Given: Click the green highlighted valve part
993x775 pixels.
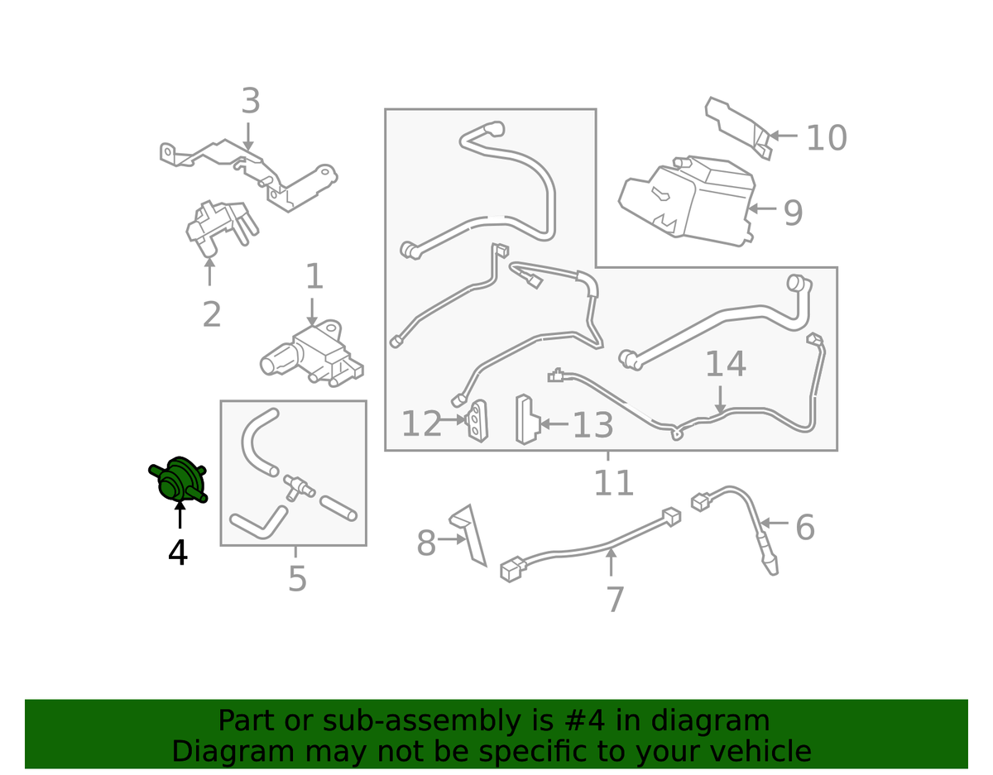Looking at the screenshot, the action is [x=179, y=480].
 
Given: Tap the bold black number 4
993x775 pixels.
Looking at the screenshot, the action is [x=178, y=553].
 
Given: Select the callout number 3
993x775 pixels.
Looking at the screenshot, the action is [x=251, y=101].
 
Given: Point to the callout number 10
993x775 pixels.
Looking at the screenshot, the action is [x=827, y=137].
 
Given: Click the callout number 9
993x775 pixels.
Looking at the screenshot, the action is [x=793, y=213].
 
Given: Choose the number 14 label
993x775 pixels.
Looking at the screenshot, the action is [x=726, y=364].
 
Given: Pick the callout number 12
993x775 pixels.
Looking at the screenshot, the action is [x=421, y=423].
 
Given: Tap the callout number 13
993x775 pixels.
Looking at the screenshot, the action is [x=592, y=425].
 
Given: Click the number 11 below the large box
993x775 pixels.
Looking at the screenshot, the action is [x=614, y=482].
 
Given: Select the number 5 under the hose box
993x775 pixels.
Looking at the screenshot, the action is [x=298, y=578].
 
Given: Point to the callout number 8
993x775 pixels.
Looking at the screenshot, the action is [x=426, y=543].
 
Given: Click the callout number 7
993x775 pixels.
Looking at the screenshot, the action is [x=615, y=599].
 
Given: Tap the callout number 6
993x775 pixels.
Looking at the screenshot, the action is [x=805, y=527].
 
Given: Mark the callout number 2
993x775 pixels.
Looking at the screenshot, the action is [x=212, y=314].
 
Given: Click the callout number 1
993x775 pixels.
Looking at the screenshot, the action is [x=314, y=275].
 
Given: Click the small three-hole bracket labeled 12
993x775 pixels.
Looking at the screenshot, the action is [x=477, y=421].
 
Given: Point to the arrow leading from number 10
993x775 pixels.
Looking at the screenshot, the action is [x=784, y=136].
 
